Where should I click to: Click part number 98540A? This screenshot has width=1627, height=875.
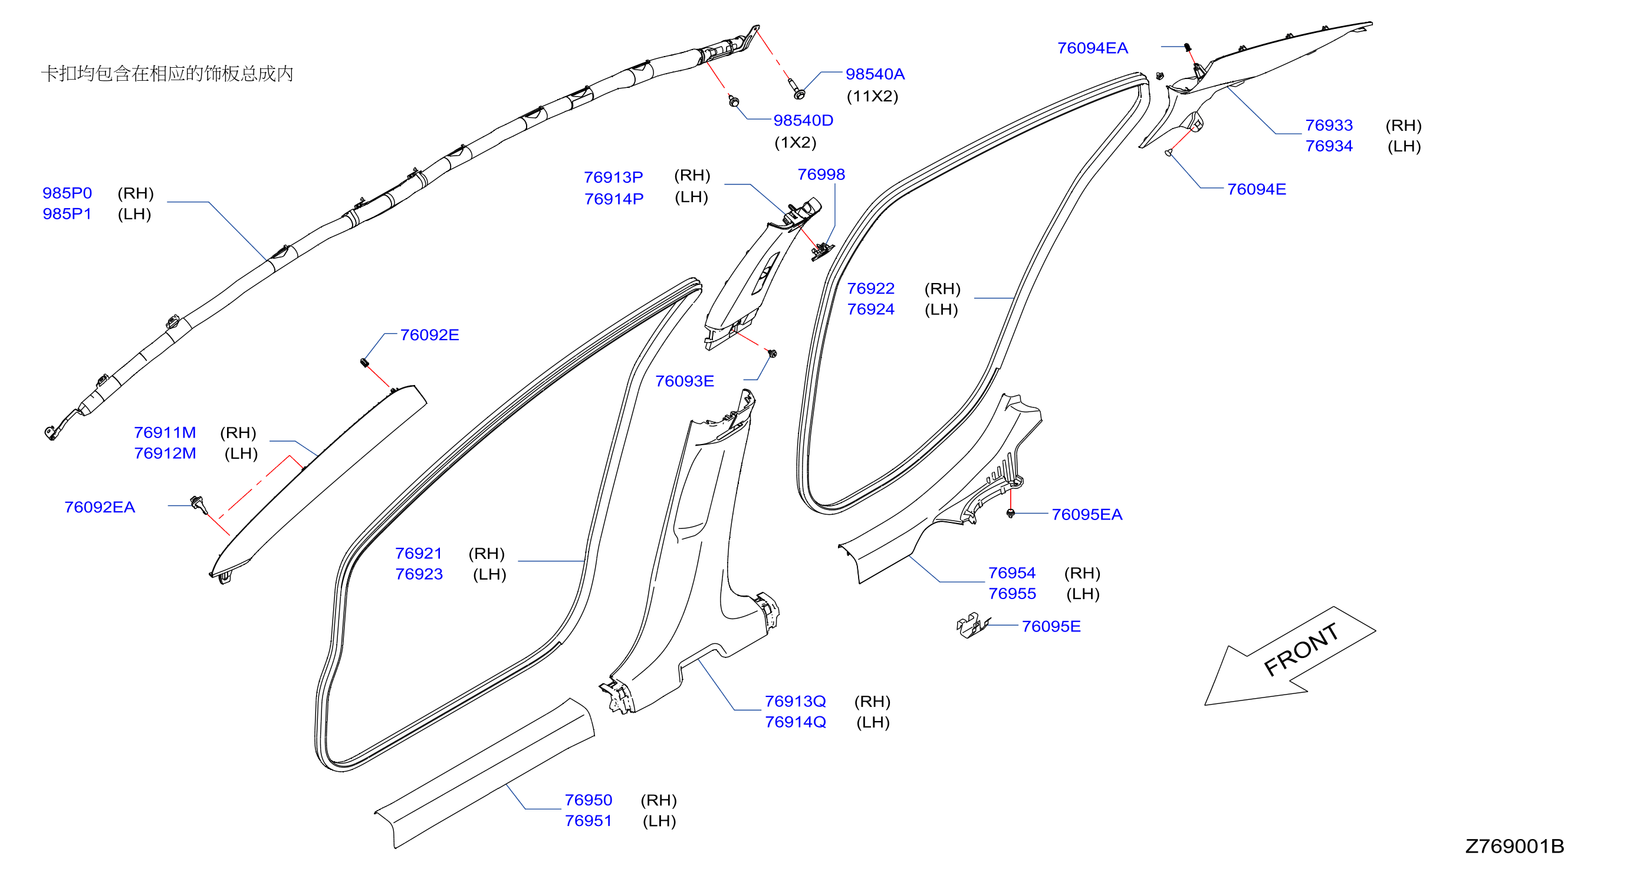[x=875, y=74]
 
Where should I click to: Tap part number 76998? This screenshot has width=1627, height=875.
[x=821, y=175]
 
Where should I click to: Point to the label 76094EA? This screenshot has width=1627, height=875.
[x=1092, y=48]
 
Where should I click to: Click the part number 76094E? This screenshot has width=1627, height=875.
[x=1256, y=189]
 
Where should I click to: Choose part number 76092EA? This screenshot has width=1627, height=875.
[x=100, y=507]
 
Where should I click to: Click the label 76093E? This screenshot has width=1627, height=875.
[x=685, y=381]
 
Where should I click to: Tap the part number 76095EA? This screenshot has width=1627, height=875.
[x=1087, y=515]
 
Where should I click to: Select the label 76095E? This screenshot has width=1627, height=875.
[x=1051, y=626]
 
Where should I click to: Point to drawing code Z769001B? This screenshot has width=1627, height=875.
[x=1514, y=846]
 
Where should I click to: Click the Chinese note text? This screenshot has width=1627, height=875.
[x=167, y=73]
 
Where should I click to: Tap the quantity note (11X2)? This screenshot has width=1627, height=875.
[x=872, y=96]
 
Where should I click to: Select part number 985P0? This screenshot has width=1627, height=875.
[x=67, y=193]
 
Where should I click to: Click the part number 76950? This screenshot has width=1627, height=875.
[x=588, y=800]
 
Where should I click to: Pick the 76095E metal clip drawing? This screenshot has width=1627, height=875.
[x=972, y=625]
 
